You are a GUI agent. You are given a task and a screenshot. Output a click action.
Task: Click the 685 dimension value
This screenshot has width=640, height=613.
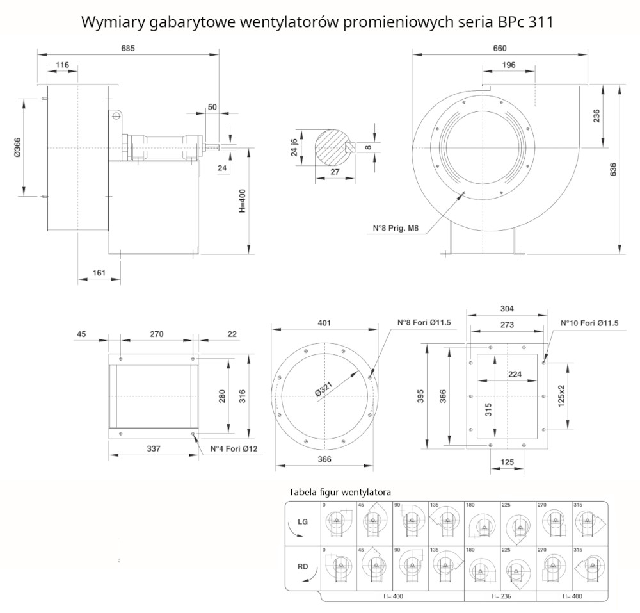(x=128, y=47)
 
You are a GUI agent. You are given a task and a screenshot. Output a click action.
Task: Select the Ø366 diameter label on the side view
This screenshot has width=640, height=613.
(x=18, y=147)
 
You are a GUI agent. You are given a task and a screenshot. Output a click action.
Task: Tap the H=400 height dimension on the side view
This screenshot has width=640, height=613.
(x=243, y=199)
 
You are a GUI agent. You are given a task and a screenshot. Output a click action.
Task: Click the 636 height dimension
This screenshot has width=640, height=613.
(x=613, y=169)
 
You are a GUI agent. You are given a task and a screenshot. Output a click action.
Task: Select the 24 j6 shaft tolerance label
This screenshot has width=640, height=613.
(x=294, y=148)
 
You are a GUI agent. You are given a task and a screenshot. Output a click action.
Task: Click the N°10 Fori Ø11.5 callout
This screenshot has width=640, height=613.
(x=589, y=323)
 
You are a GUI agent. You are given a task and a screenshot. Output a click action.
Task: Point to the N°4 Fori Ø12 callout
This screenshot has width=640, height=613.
(x=234, y=448)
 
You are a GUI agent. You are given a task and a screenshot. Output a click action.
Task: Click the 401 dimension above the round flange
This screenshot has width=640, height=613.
(x=324, y=323)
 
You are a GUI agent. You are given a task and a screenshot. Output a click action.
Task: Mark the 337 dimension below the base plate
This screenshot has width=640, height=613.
(x=154, y=448)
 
